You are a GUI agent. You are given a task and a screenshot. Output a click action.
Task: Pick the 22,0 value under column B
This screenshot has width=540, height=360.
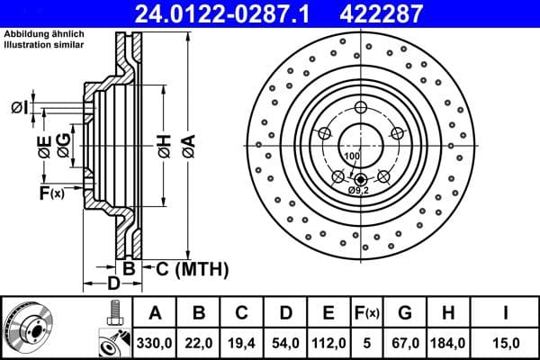(x=199, y=341)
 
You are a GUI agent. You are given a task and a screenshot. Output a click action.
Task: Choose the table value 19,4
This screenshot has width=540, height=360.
(x=242, y=341)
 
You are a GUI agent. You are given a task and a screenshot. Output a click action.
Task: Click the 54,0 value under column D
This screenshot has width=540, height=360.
(x=285, y=341)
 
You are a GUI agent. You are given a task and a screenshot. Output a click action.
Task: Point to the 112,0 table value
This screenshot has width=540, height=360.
(x=328, y=341)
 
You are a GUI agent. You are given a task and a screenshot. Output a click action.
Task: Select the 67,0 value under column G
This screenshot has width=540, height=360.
(x=406, y=341)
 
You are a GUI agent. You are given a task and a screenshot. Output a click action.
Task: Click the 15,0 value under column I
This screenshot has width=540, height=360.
(x=508, y=341)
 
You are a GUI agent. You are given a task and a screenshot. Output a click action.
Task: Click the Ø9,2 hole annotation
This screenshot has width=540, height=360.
(x=359, y=191)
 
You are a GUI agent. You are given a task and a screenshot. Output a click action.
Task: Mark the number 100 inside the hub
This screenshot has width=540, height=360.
(x=352, y=157)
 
